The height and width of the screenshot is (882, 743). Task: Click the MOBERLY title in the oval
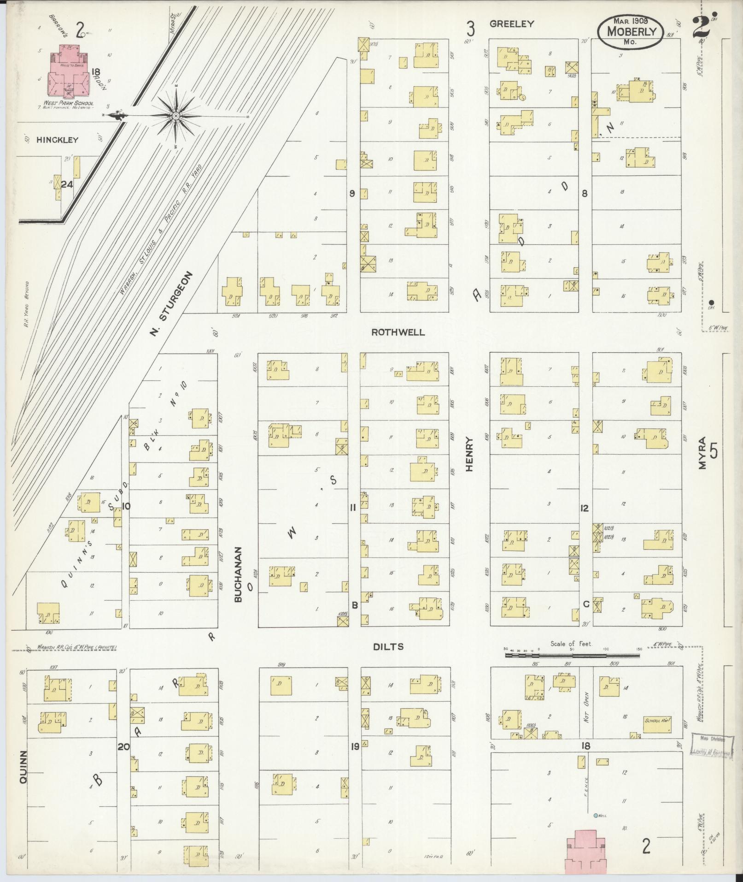pos(630,32)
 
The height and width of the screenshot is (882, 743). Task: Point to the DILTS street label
pos(388,647)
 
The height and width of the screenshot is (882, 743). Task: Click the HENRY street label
pos(469,454)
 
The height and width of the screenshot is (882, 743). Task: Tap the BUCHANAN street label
pos(238,574)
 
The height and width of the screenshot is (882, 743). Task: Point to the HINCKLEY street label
pos(58,140)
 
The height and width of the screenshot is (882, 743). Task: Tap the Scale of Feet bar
pos(571,654)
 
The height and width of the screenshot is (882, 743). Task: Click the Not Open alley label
pos(586,713)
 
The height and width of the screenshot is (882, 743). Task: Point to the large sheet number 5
pos(714,450)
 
